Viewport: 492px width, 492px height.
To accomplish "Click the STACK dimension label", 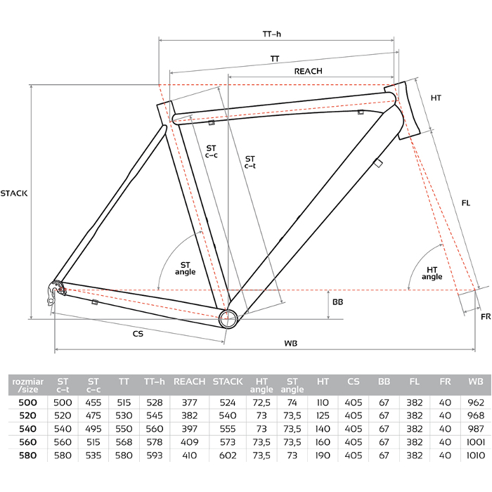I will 14,193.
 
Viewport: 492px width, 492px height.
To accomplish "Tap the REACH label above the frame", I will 308,71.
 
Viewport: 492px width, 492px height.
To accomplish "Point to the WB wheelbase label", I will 290,343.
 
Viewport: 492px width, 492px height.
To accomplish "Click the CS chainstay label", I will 138,334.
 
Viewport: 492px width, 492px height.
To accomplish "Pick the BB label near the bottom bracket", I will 338,302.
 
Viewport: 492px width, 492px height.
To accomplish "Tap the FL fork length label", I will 465,202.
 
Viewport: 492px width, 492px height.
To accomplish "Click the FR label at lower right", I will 486,318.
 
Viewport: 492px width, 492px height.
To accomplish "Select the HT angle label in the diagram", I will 432,273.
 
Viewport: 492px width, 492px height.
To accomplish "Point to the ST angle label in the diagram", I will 185,268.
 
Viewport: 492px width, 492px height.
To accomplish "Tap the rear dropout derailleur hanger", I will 53,292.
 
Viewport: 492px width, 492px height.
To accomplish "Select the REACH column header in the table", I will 189,382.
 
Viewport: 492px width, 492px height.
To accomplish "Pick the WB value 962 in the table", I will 474,401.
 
